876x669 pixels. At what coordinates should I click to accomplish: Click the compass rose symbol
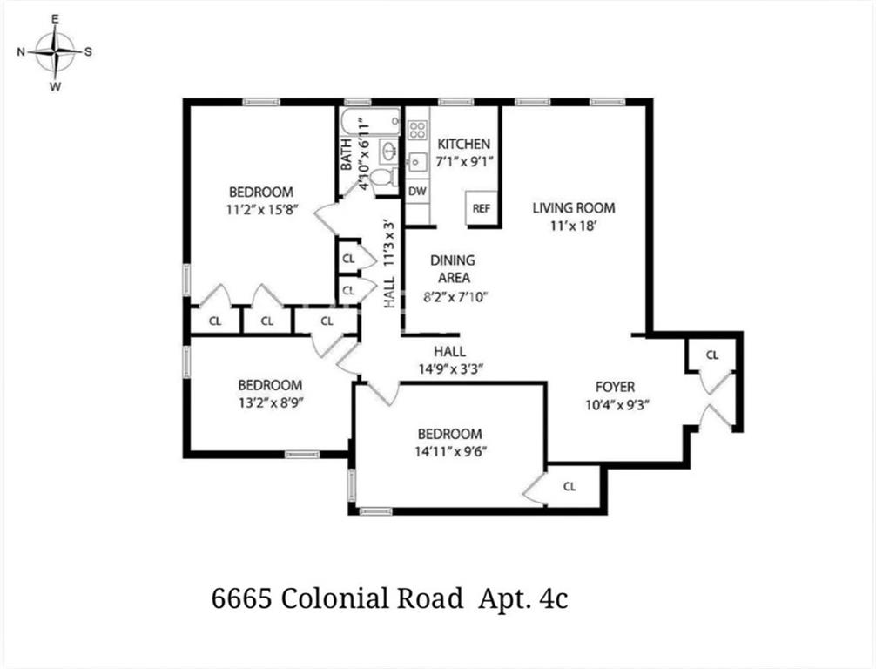tap(56, 51)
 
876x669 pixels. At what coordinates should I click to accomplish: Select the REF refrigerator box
tap(482, 208)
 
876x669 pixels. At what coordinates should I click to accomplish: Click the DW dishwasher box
tap(417, 191)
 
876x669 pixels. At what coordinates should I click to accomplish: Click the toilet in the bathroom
tap(381, 179)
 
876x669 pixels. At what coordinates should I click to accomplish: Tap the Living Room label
tap(574, 207)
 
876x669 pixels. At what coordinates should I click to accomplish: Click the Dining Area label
tap(453, 269)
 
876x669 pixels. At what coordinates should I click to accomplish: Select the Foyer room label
tap(615, 387)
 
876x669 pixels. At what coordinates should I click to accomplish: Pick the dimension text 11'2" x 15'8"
tap(261, 209)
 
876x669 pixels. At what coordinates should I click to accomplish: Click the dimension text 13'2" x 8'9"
tap(270, 402)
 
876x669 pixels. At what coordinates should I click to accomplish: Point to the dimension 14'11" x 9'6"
tap(449, 451)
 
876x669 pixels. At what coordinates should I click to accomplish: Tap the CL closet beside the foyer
tap(712, 355)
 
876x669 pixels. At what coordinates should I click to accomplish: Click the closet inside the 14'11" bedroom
tap(569, 487)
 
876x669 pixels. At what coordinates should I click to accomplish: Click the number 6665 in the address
tap(240, 599)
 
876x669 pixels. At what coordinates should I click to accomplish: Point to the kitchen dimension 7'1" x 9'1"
tap(463, 161)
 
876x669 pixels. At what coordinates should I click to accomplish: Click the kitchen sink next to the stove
tap(417, 161)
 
